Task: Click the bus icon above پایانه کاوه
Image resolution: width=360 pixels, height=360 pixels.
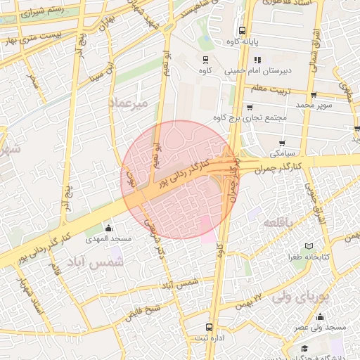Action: (x=242, y=30)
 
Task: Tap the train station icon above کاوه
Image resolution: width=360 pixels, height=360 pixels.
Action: (x=205, y=60)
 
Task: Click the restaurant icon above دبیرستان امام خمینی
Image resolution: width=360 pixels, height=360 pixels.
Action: (x=256, y=60)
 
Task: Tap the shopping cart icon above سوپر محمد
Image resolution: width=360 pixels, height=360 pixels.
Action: (x=312, y=95)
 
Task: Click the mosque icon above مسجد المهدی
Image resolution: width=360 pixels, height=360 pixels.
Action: (x=108, y=228)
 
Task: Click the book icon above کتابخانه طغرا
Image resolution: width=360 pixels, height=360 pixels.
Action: (x=309, y=247)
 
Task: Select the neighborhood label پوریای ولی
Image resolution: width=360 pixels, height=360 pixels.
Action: (x=303, y=297)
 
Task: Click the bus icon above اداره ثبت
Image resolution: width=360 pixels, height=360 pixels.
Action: (x=208, y=327)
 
